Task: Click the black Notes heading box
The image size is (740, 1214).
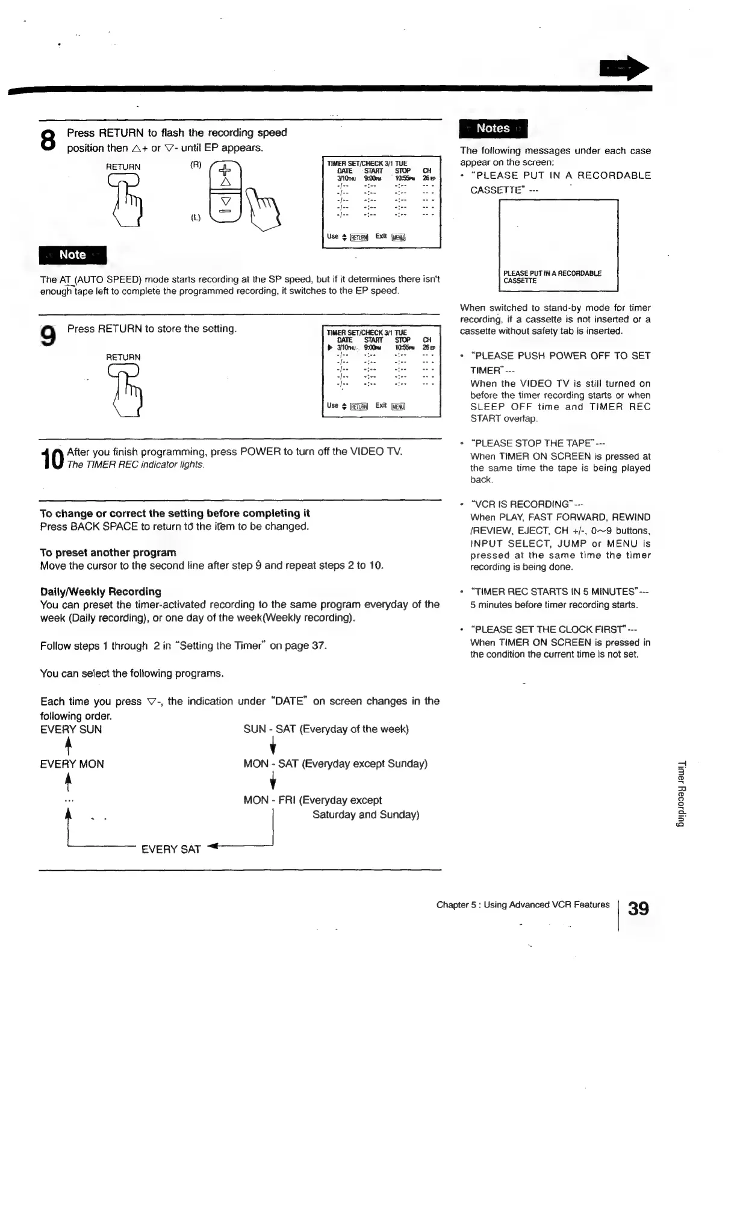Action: click(x=493, y=128)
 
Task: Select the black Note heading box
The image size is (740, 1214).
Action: click(x=72, y=255)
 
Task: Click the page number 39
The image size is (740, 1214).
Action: click(x=638, y=907)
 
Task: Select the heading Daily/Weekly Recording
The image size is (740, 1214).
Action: click(x=101, y=591)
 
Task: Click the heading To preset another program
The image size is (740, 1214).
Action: click(x=108, y=552)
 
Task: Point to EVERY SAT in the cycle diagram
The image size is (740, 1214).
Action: click(x=170, y=849)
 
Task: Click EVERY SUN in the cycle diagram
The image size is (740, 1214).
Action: click(x=71, y=729)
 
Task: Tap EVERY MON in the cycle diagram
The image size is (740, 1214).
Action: click(x=72, y=764)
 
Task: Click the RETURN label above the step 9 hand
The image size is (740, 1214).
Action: click(x=123, y=357)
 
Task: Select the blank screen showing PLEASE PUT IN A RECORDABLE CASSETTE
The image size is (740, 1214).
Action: click(x=559, y=245)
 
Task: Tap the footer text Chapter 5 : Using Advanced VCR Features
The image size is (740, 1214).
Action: click(x=523, y=904)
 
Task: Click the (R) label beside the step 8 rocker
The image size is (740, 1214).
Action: click(x=195, y=164)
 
